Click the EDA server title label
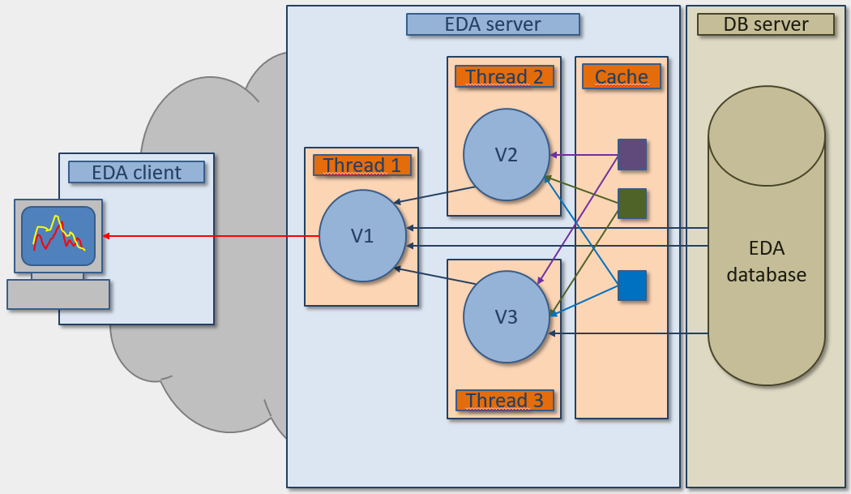click(493, 24)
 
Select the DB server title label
click(765, 24)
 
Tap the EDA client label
click(136, 172)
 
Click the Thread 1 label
click(361, 165)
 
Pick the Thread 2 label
click(504, 77)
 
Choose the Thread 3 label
click(504, 401)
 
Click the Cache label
click(622, 77)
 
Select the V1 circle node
click(361, 236)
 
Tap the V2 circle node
click(507, 154)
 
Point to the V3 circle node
click(506, 317)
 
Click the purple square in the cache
click(632, 154)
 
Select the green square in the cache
click(632, 204)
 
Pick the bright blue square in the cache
click(632, 286)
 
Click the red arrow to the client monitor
click(211, 236)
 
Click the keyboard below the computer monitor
click(58, 294)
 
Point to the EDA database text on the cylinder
click(766, 261)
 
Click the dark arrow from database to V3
click(628, 333)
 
